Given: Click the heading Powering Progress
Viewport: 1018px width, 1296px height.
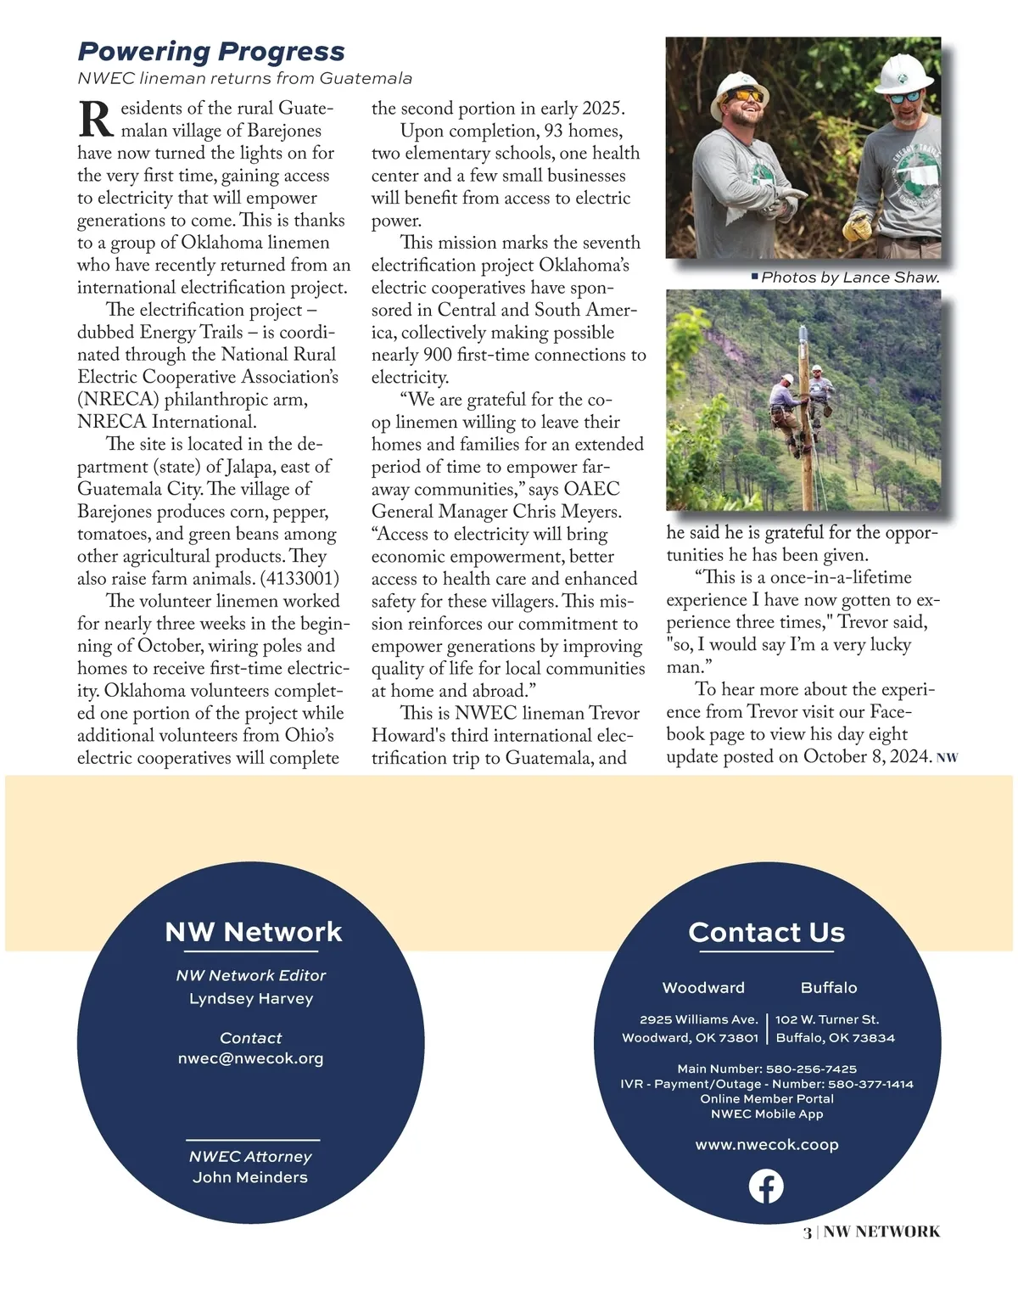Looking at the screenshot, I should tap(211, 52).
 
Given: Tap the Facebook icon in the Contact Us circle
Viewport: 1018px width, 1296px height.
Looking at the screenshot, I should tap(766, 1186).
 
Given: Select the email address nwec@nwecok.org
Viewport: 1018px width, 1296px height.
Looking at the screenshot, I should tap(250, 1058).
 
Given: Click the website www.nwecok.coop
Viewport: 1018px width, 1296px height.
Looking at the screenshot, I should tap(767, 1144).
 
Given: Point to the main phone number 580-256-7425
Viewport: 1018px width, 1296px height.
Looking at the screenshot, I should tap(811, 1069).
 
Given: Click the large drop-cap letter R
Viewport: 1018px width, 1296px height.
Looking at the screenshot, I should tap(95, 120).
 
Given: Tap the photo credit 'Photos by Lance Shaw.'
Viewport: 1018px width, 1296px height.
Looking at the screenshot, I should tap(850, 278).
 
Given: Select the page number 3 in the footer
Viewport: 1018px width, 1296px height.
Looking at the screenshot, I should tap(807, 1232).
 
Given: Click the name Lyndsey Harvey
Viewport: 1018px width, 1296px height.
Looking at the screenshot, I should tap(251, 998).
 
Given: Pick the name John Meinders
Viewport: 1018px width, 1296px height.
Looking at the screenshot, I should tap(250, 1177).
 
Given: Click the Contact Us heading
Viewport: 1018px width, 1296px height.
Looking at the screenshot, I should tap(767, 932).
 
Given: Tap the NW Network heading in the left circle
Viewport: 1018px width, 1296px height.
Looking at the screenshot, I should tap(254, 932).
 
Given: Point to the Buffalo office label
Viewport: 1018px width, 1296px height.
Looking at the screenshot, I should tap(829, 987).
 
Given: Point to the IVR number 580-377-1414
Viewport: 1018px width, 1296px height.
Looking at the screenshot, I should tap(870, 1084).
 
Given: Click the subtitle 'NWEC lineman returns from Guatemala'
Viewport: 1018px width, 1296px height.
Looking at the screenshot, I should tap(244, 78).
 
